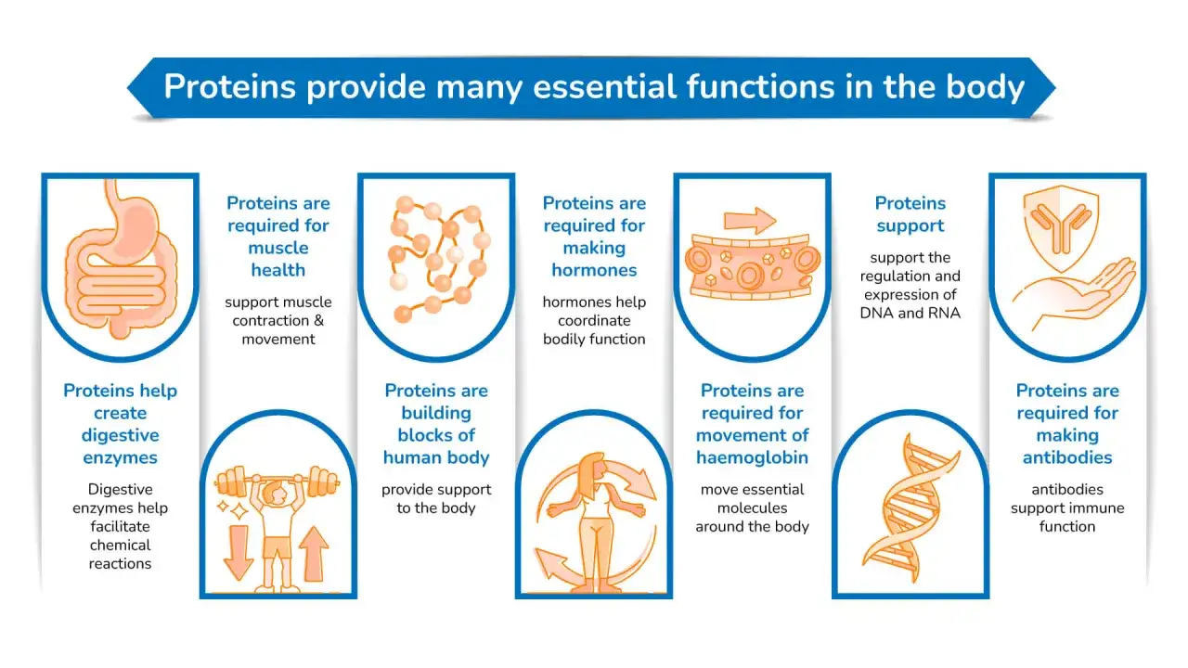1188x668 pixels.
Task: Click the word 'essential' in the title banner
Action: [x=604, y=87]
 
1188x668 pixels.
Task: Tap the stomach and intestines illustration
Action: [x=121, y=259]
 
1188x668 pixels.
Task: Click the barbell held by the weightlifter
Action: [x=277, y=482]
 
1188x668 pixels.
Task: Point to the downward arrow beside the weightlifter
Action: [x=239, y=552]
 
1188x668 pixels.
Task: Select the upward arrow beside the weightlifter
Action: [x=314, y=554]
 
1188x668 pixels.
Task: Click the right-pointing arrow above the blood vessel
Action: [x=750, y=220]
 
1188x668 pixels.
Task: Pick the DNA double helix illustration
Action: [x=910, y=507]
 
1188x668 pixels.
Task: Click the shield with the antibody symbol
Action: [x=1061, y=228]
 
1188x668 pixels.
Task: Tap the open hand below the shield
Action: [x=1074, y=295]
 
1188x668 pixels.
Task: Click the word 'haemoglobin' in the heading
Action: [x=752, y=457]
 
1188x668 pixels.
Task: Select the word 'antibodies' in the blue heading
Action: [x=1067, y=457]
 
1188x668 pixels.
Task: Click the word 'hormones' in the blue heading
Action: [x=594, y=270]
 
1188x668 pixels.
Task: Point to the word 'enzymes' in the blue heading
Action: [x=121, y=458]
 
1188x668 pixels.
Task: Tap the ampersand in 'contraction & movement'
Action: [x=318, y=321]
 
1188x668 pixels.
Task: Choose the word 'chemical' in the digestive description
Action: [x=120, y=545]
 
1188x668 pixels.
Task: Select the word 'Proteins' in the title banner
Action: [x=229, y=87]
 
